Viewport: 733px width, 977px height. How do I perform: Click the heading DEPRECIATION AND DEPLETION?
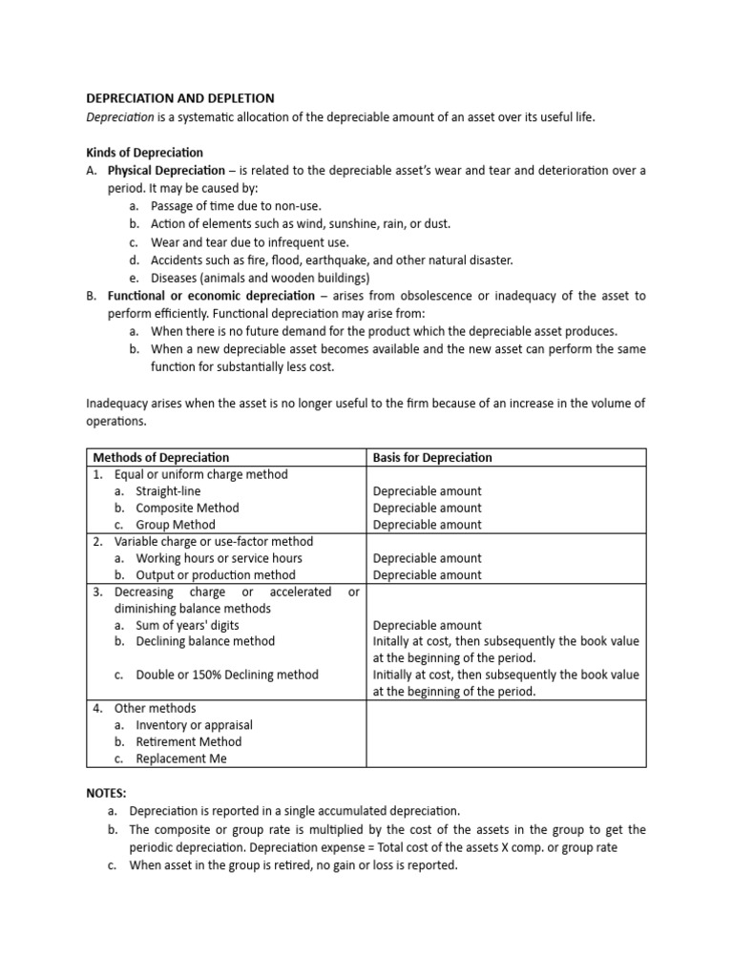tap(180, 98)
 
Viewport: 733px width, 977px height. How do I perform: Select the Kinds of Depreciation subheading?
tap(144, 153)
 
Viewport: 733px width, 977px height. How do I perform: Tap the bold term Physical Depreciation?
tap(166, 170)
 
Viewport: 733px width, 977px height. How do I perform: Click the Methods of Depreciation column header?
tap(160, 457)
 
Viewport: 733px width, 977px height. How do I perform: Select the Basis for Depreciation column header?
tap(432, 457)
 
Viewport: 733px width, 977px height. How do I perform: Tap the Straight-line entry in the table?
tap(168, 491)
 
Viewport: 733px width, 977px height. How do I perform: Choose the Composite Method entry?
tap(187, 508)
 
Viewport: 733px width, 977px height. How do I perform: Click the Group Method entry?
tap(176, 525)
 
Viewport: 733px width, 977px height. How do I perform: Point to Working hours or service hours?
tap(219, 558)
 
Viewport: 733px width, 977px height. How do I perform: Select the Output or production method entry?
tap(216, 575)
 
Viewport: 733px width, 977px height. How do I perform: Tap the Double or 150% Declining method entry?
tap(227, 675)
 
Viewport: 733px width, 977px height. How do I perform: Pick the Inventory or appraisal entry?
tap(194, 725)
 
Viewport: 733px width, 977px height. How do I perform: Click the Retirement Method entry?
tap(188, 741)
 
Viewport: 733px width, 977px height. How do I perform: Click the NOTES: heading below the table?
tap(106, 793)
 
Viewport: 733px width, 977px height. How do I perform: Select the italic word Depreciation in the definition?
tap(120, 115)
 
